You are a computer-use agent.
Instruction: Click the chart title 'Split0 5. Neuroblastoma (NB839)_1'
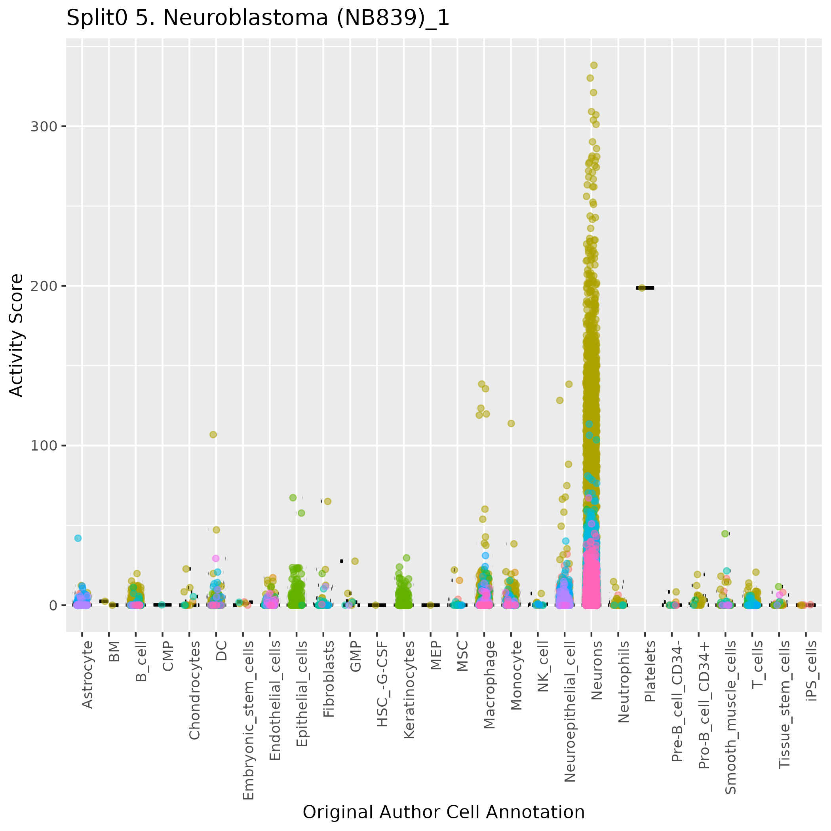(258, 19)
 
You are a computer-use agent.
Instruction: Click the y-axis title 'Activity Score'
(16, 335)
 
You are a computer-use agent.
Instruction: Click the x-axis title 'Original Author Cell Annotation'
(443, 812)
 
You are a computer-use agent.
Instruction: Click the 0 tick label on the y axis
(53, 605)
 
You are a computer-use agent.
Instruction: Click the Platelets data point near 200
(642, 288)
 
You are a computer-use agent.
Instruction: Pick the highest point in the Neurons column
(594, 65)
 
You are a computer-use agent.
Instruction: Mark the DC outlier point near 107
(213, 434)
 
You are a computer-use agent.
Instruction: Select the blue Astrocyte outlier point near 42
(78, 538)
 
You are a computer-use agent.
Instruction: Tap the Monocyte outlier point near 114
(511, 423)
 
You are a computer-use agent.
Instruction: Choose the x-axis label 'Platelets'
(650, 671)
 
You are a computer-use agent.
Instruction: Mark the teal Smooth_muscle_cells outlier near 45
(725, 534)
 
